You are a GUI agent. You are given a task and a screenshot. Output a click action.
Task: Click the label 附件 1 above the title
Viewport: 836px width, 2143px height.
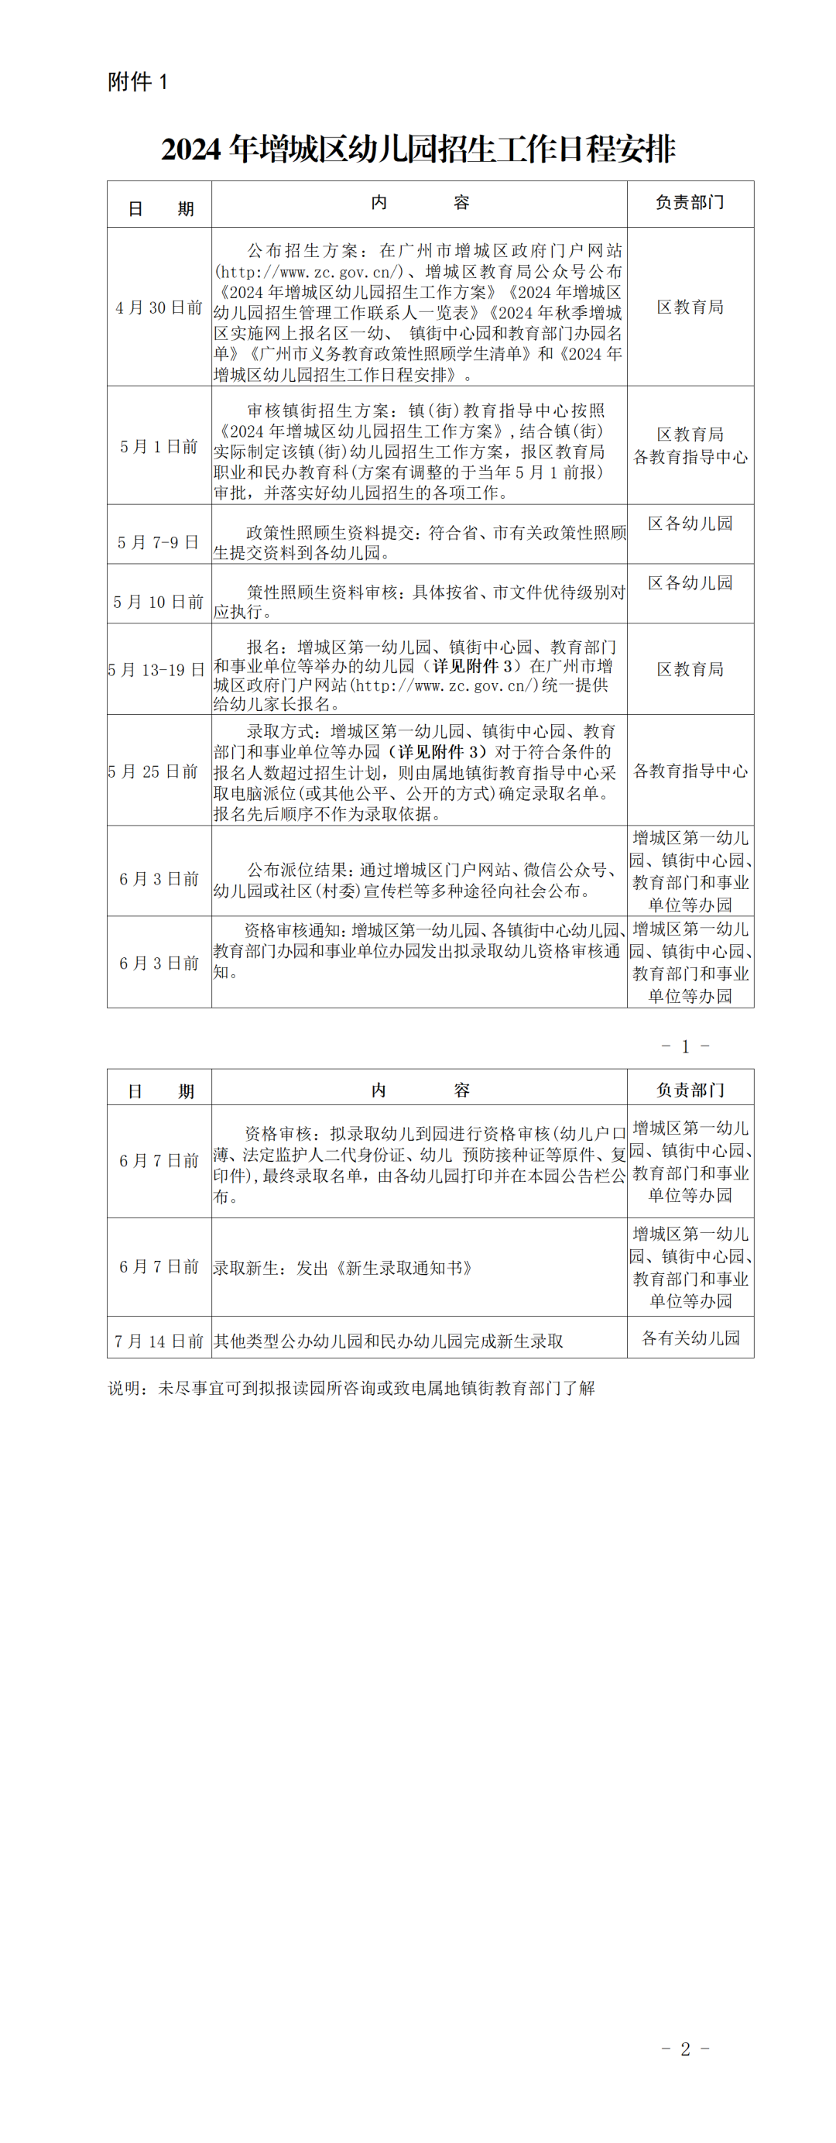(x=137, y=81)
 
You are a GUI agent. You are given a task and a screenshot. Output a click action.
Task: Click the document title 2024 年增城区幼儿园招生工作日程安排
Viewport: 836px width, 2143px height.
(x=417, y=149)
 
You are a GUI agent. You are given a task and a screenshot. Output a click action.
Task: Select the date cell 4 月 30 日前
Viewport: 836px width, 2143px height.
(x=159, y=307)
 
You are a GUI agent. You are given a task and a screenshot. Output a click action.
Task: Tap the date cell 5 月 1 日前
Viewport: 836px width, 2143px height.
(x=159, y=447)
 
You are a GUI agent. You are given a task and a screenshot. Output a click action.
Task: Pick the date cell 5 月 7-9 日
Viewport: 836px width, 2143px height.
(x=158, y=542)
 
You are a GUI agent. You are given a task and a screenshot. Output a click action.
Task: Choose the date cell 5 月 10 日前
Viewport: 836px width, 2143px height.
(x=159, y=602)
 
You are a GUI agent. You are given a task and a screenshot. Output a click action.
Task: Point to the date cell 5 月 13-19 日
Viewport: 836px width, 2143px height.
(x=156, y=670)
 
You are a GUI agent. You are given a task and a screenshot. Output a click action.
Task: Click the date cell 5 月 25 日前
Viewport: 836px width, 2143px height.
(x=154, y=771)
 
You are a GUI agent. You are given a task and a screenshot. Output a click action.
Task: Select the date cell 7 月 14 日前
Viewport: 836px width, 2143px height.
(x=159, y=1340)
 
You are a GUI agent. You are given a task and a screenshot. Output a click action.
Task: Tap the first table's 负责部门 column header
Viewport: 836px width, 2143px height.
(x=690, y=203)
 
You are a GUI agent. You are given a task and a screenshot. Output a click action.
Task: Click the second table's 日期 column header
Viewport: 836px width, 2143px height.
(x=159, y=1090)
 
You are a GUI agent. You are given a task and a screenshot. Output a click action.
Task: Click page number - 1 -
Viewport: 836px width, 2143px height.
(x=685, y=1046)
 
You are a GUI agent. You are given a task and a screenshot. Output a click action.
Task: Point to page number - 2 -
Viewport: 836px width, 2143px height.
(x=685, y=2049)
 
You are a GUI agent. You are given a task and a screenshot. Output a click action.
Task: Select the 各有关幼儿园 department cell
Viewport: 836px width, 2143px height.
(x=690, y=1338)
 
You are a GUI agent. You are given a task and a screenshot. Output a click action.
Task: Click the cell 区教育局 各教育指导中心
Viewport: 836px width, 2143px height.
(x=690, y=446)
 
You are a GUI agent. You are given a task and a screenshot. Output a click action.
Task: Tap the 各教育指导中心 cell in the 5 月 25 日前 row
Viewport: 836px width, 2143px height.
(x=690, y=771)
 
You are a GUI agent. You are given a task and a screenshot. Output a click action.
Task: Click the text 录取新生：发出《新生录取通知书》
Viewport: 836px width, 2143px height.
(x=344, y=1268)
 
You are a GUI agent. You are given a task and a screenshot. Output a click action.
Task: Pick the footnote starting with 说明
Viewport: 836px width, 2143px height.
(x=351, y=1388)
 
